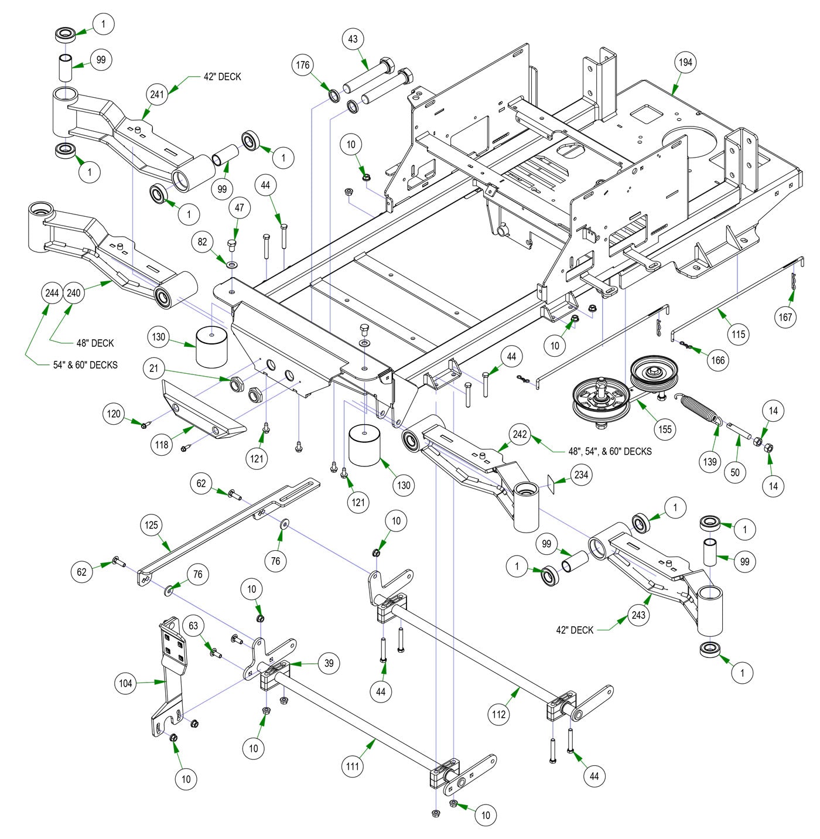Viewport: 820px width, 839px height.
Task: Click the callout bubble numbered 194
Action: (x=685, y=63)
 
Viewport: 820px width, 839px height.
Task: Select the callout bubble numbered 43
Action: (x=353, y=39)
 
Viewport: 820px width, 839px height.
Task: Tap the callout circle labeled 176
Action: (x=303, y=66)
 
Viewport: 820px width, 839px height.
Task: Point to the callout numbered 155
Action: (x=665, y=429)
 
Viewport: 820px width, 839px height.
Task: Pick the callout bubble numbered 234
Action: (x=580, y=475)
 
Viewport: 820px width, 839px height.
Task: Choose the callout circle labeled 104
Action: (x=126, y=683)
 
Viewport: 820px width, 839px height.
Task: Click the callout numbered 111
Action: (x=353, y=766)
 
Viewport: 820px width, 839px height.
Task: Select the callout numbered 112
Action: (x=499, y=714)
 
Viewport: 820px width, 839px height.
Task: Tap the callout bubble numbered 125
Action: (x=152, y=525)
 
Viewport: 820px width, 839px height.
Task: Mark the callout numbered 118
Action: (x=162, y=445)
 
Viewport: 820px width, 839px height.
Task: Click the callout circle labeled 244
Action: (x=53, y=293)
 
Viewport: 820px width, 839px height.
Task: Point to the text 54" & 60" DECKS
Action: (x=86, y=365)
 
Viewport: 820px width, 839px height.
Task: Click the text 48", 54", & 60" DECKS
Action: (x=610, y=451)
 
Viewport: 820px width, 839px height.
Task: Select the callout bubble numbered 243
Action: (x=638, y=615)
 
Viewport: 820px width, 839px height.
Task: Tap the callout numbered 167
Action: (x=785, y=317)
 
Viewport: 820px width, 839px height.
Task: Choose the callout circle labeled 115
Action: (x=739, y=334)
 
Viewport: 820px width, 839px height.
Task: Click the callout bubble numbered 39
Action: (x=329, y=663)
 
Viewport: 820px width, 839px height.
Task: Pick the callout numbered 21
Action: (x=154, y=368)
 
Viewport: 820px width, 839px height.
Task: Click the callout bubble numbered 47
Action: (x=240, y=207)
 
